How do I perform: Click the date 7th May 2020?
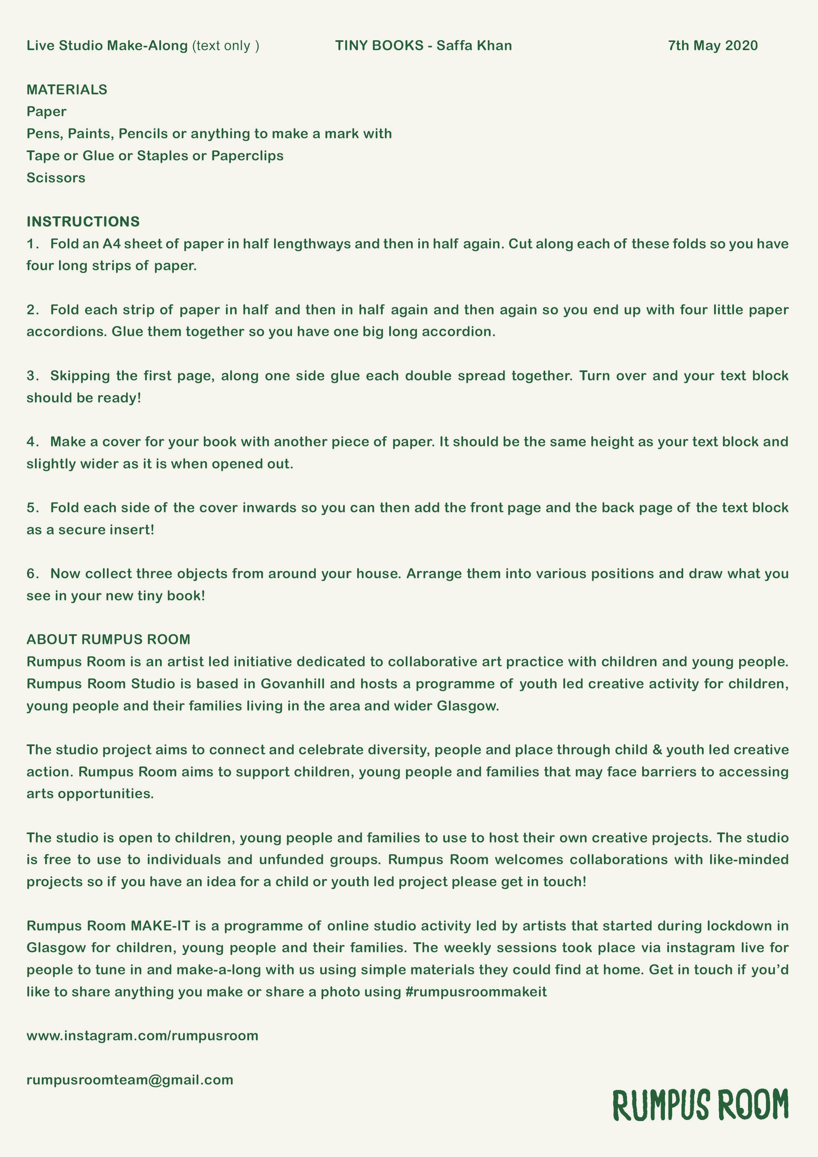click(713, 46)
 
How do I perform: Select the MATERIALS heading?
click(67, 90)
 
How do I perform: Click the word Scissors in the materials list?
click(56, 178)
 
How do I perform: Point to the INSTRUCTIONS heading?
click(83, 222)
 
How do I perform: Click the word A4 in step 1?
click(112, 244)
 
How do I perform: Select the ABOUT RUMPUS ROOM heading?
click(109, 640)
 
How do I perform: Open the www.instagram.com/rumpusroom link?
click(142, 1036)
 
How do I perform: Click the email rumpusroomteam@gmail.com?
click(130, 1080)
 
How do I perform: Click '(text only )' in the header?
click(225, 46)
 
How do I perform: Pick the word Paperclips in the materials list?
click(247, 156)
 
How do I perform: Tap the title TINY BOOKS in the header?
click(379, 46)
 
